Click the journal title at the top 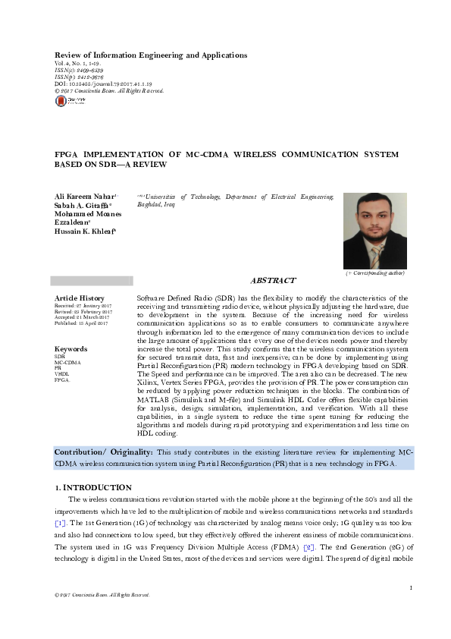(151, 55)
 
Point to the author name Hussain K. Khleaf (85, 231)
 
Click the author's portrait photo (374, 229)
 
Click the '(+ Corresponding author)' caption (374, 272)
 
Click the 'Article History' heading (80, 298)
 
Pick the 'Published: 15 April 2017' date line (81, 323)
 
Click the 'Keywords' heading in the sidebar (70, 349)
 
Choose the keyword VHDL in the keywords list (61, 374)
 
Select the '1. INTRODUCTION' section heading (93, 487)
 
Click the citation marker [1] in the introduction (60, 524)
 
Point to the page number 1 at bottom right (410, 588)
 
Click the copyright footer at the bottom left (97, 595)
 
